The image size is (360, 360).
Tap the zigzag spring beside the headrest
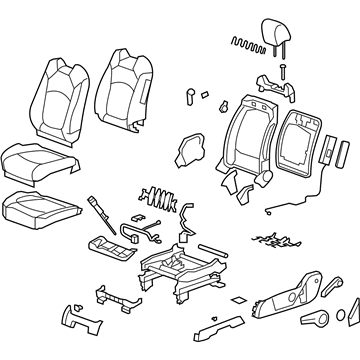tap(245, 43)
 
